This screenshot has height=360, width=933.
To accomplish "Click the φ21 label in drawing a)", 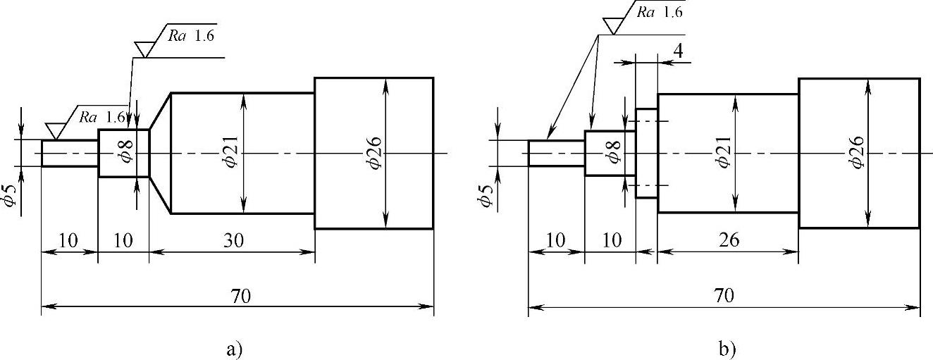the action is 230,151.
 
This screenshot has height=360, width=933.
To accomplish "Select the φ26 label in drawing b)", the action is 858,152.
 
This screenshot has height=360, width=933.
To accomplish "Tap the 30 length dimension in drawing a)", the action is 233,240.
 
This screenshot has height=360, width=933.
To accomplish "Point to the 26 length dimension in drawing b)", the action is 729,240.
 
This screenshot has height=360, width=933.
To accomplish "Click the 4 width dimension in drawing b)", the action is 678,51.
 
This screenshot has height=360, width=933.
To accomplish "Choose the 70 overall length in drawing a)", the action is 241,296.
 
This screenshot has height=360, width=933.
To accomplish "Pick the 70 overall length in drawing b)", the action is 724,296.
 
